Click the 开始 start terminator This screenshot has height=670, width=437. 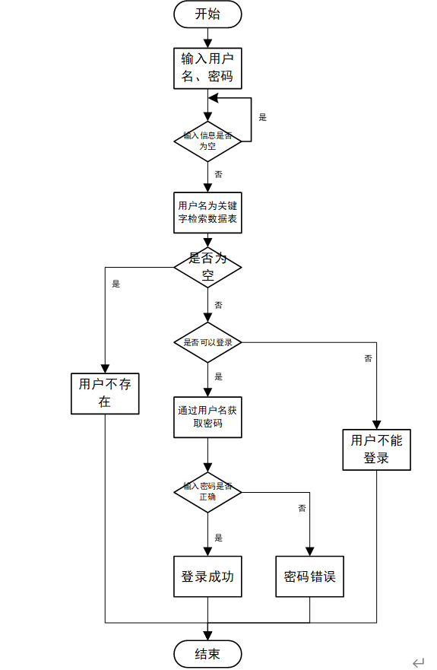[x=207, y=14]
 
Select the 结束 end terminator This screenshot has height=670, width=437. [x=207, y=654]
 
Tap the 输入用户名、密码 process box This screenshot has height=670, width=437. [x=207, y=68]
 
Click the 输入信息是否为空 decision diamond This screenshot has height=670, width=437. [x=207, y=141]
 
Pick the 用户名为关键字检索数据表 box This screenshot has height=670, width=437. [x=207, y=212]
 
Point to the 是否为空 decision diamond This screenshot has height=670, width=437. [x=207, y=267]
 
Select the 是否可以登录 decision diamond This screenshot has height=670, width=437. [x=207, y=342]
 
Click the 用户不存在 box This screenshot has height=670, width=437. [x=105, y=393]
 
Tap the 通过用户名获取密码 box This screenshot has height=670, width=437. [x=207, y=417]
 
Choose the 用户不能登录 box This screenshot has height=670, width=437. [x=376, y=449]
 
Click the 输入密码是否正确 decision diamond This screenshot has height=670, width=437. [x=207, y=491]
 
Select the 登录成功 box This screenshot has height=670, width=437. [x=207, y=576]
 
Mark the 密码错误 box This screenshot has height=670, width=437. [x=309, y=576]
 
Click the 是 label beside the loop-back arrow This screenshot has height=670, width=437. [x=263, y=117]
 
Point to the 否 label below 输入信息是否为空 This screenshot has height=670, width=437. [x=219, y=174]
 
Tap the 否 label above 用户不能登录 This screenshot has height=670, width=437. [x=368, y=357]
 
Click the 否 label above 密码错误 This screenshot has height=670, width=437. [x=302, y=508]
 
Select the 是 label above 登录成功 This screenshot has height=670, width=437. [x=219, y=537]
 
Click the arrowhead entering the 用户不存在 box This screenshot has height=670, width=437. [x=105, y=368]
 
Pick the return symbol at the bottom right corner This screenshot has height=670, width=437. [x=418, y=663]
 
